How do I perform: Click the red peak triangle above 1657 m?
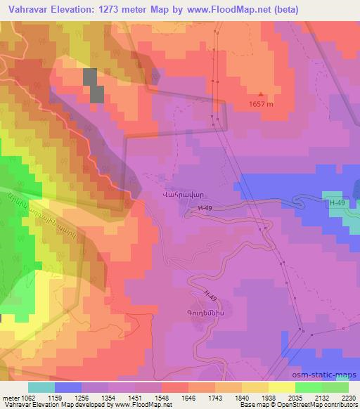pyautogui.click(x=262, y=94)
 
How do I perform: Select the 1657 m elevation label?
pyautogui.click(x=262, y=104)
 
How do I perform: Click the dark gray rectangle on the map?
pyautogui.click(x=93, y=86)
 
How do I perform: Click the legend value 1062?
pyautogui.click(x=28, y=398)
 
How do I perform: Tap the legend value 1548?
pyautogui.click(x=161, y=398)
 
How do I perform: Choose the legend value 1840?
pyautogui.click(x=240, y=398)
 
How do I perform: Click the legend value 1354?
pyautogui.click(x=108, y=398)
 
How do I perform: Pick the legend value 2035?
pyautogui.click(x=294, y=398)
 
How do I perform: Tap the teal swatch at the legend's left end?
pyautogui.click(x=41, y=387)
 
